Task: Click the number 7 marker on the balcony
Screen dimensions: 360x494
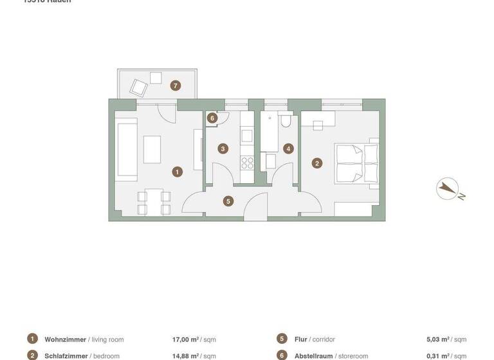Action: tap(174, 85)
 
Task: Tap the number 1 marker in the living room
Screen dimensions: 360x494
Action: tap(177, 172)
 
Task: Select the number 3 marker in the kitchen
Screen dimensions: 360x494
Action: tap(223, 148)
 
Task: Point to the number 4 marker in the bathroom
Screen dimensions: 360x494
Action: tap(288, 148)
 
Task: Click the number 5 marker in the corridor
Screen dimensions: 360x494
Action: tap(228, 201)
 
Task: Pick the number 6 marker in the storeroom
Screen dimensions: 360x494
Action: tap(212, 118)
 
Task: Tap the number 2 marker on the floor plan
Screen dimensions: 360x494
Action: tap(316, 163)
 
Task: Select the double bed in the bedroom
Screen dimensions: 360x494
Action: tap(356, 163)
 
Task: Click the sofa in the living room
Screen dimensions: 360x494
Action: tap(126, 148)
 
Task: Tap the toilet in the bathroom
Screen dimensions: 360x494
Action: tap(286, 120)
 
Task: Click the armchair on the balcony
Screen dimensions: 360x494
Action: tap(138, 87)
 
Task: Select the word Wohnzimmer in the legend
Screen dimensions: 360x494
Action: tap(65, 339)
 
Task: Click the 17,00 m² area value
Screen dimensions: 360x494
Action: tap(185, 339)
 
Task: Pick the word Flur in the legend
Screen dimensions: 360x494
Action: tap(300, 339)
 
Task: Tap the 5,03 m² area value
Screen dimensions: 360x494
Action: tap(438, 339)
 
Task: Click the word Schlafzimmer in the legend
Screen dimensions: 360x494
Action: tap(66, 355)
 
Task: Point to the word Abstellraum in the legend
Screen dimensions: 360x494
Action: tap(315, 355)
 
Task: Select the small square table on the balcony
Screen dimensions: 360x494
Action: tap(156, 78)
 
